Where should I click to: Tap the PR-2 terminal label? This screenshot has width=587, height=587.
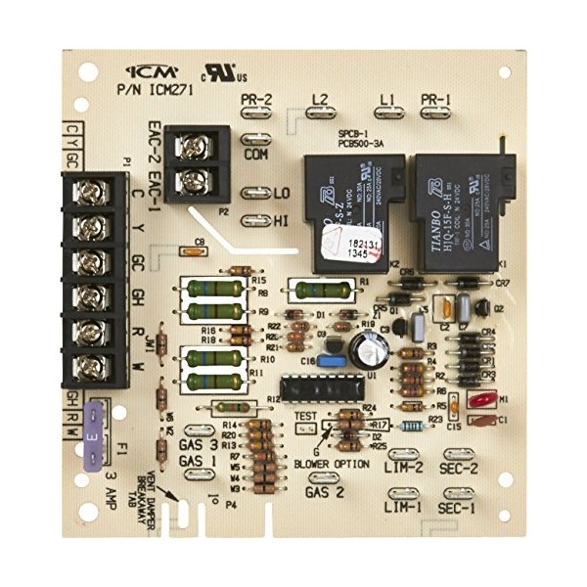pos(257,98)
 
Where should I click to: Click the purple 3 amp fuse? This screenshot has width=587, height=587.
pos(93,428)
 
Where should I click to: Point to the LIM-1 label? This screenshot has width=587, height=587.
pos(403,509)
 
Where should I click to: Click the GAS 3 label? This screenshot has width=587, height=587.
pos(199,445)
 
